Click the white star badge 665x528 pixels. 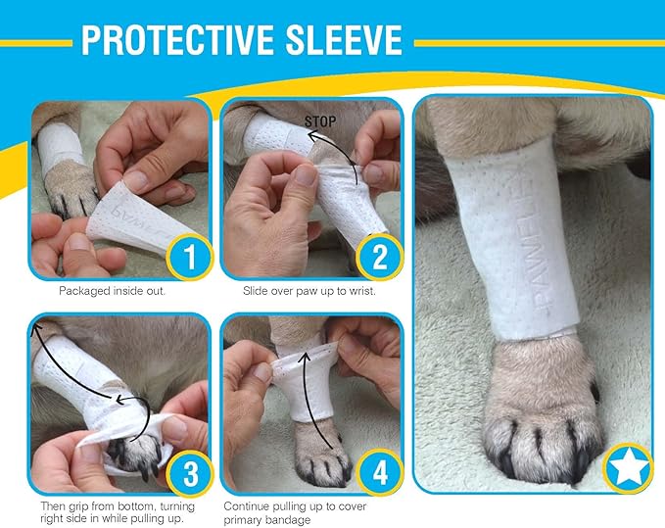[x=626, y=467]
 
